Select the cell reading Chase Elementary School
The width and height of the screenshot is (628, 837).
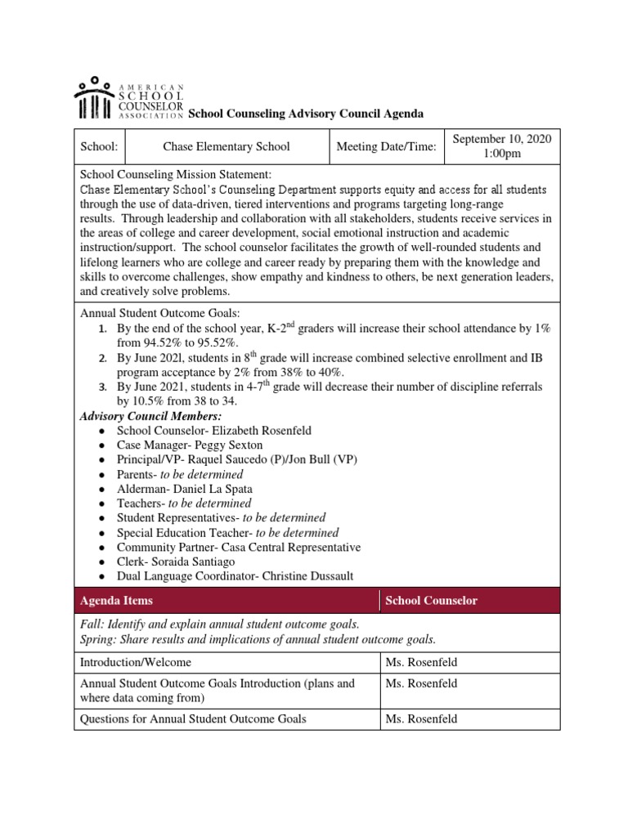click(x=227, y=147)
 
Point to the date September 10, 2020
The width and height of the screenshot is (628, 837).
click(x=502, y=139)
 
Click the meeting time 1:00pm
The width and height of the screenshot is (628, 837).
click(x=502, y=154)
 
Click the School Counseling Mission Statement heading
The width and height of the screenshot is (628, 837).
click(x=175, y=175)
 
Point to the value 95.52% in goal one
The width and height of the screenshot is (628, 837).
click(x=218, y=342)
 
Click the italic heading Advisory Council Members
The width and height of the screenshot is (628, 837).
click(x=150, y=416)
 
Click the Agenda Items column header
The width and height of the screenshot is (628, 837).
click(x=116, y=601)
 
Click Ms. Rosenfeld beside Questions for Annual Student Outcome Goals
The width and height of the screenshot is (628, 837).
click(x=421, y=719)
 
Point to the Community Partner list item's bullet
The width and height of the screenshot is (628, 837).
click(x=100, y=548)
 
